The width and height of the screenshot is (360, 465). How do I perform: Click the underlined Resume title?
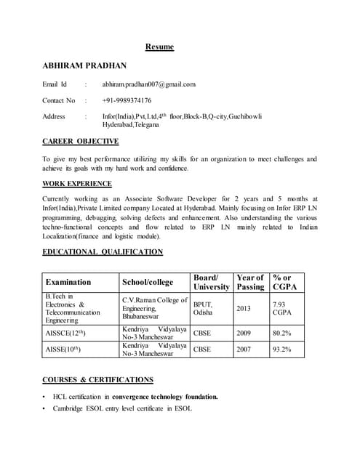tap(159, 47)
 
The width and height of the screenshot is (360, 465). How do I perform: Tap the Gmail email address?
tap(148, 84)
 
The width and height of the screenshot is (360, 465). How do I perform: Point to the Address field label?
tap(54, 116)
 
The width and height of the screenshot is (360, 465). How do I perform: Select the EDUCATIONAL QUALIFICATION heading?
tap(103, 252)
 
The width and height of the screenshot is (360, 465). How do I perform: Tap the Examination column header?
tap(68, 282)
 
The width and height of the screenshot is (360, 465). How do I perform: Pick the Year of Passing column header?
tap(250, 282)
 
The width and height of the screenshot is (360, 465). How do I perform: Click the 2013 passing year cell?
tap(244, 308)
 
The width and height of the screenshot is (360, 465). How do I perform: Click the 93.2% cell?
tap(281, 349)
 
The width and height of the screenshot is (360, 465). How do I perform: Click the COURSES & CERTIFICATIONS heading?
tap(97, 379)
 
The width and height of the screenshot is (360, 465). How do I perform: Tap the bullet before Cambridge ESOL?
tap(45, 409)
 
